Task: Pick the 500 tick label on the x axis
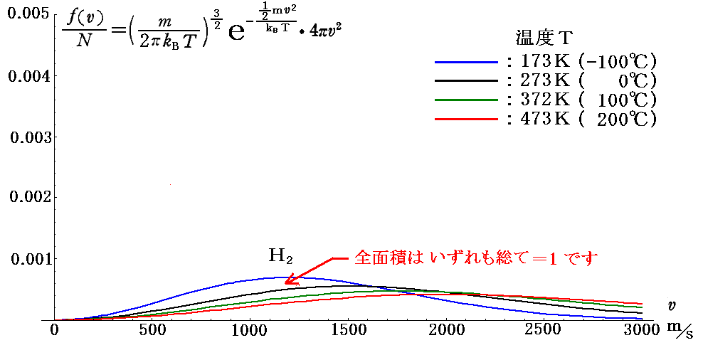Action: coord(151,332)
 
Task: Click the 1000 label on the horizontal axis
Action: coord(249,332)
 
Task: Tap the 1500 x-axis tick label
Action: coord(347,332)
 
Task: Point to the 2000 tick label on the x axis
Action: coord(445,332)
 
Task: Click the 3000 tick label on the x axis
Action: coord(640,332)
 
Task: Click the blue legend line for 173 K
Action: coord(466,62)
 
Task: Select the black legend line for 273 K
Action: coord(466,80)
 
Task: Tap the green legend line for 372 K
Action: coord(466,100)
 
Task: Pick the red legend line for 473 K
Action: coord(466,118)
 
